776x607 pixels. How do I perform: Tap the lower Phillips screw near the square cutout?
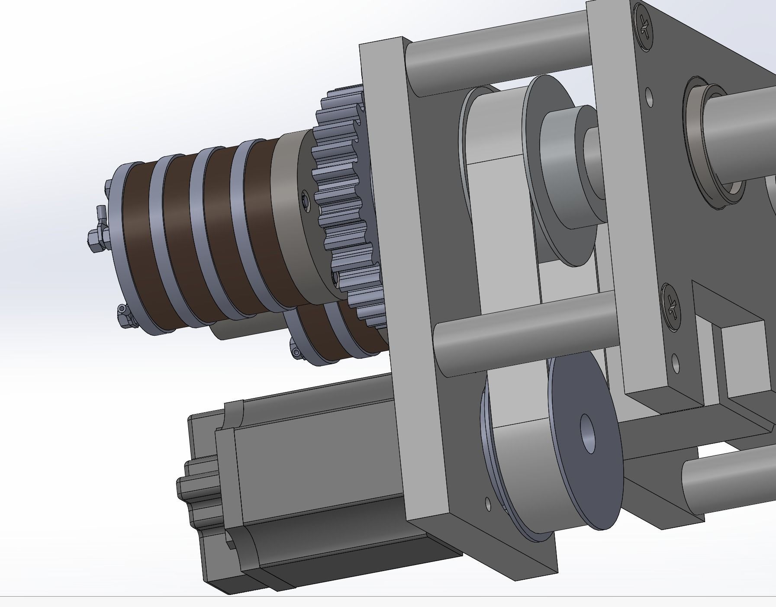click(x=672, y=307)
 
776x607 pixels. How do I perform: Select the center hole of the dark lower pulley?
click(x=587, y=434)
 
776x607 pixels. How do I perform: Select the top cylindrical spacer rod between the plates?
click(x=498, y=56)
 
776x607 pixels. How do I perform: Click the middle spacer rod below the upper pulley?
click(x=524, y=333)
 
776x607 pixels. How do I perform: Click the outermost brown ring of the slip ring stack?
click(x=138, y=247)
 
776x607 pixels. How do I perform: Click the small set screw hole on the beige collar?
click(x=306, y=202)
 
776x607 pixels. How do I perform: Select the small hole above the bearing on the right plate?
click(x=649, y=96)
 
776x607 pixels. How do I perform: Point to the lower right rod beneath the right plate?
click(x=727, y=476)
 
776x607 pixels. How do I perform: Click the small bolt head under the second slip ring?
click(x=296, y=352)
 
